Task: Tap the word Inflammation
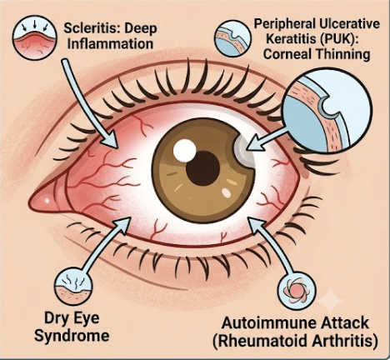point(110,44)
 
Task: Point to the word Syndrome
point(72,336)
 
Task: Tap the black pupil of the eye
point(203,168)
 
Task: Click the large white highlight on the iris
point(184,150)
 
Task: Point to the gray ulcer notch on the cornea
point(244,152)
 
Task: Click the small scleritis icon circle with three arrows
point(35,37)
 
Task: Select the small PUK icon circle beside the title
point(232,38)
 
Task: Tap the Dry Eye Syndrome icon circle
point(73,287)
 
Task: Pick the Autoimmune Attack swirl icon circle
point(297,291)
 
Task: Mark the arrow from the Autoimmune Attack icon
point(273,244)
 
